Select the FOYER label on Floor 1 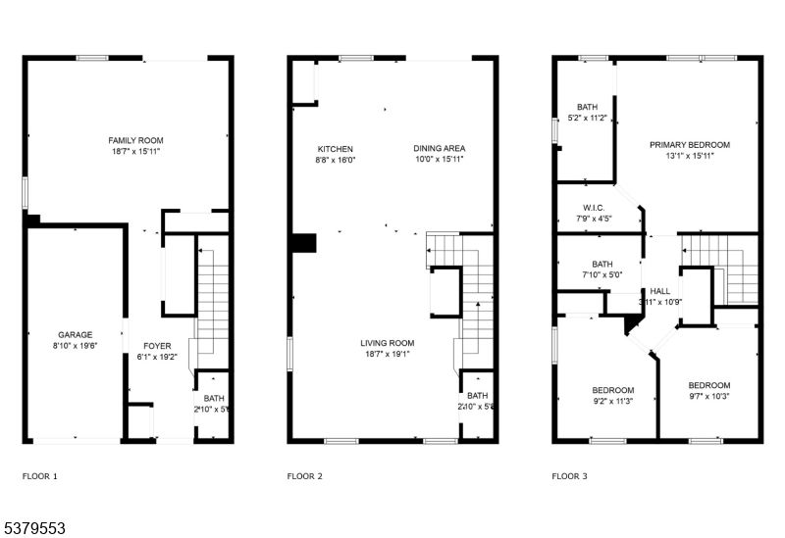(157, 346)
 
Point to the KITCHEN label (335, 149)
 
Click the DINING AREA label (438, 149)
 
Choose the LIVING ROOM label (388, 343)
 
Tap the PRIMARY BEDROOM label (689, 145)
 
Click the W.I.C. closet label (593, 208)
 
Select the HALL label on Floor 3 (660, 291)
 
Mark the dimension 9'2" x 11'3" (613, 400)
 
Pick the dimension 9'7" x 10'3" (708, 396)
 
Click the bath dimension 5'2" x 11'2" (587, 118)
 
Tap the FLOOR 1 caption (39, 477)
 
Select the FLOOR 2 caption (304, 477)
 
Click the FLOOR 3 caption (569, 477)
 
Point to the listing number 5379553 (33, 527)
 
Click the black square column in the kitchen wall (303, 243)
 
